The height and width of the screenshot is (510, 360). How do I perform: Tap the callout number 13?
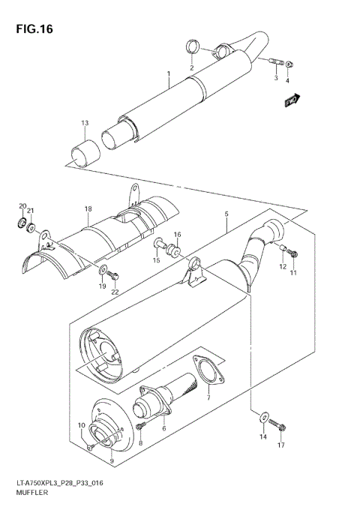(x=85, y=122)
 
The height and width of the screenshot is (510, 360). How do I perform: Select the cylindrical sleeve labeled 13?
(x=83, y=152)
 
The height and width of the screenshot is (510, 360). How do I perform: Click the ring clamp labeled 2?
(x=193, y=49)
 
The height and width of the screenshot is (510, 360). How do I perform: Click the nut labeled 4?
(x=291, y=64)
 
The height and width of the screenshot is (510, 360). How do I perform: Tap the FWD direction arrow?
(x=292, y=100)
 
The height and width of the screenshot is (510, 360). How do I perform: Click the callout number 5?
(x=225, y=213)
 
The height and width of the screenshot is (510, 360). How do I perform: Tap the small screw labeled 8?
(x=140, y=427)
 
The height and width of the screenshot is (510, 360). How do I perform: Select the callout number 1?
(x=169, y=73)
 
